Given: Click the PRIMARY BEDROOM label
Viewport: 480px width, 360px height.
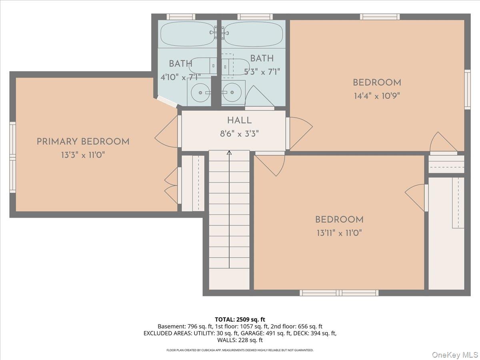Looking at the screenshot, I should point(83,142).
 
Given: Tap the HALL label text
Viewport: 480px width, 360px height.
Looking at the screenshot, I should point(239,120).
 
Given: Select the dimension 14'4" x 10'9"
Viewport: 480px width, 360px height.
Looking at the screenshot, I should point(376,96).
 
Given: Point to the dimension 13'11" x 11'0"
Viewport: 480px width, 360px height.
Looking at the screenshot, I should point(339,233).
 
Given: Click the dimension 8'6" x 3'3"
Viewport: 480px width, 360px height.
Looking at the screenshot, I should point(239,134).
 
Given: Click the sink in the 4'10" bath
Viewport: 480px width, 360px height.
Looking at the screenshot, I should point(199,93).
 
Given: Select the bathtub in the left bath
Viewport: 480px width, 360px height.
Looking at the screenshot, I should point(187,34).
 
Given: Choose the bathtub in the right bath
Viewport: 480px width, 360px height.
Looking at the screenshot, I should point(254,34).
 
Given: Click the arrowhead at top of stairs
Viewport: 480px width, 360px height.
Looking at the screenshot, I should point(229,153).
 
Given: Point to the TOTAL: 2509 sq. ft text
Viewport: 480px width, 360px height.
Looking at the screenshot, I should point(240,319).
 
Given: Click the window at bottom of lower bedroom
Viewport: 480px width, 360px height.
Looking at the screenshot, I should point(339,293).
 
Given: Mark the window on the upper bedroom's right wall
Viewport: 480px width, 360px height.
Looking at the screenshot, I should point(467,89).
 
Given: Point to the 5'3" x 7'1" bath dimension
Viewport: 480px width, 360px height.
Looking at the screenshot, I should point(262,72).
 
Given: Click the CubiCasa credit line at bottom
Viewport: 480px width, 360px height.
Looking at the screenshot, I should point(240,350).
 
